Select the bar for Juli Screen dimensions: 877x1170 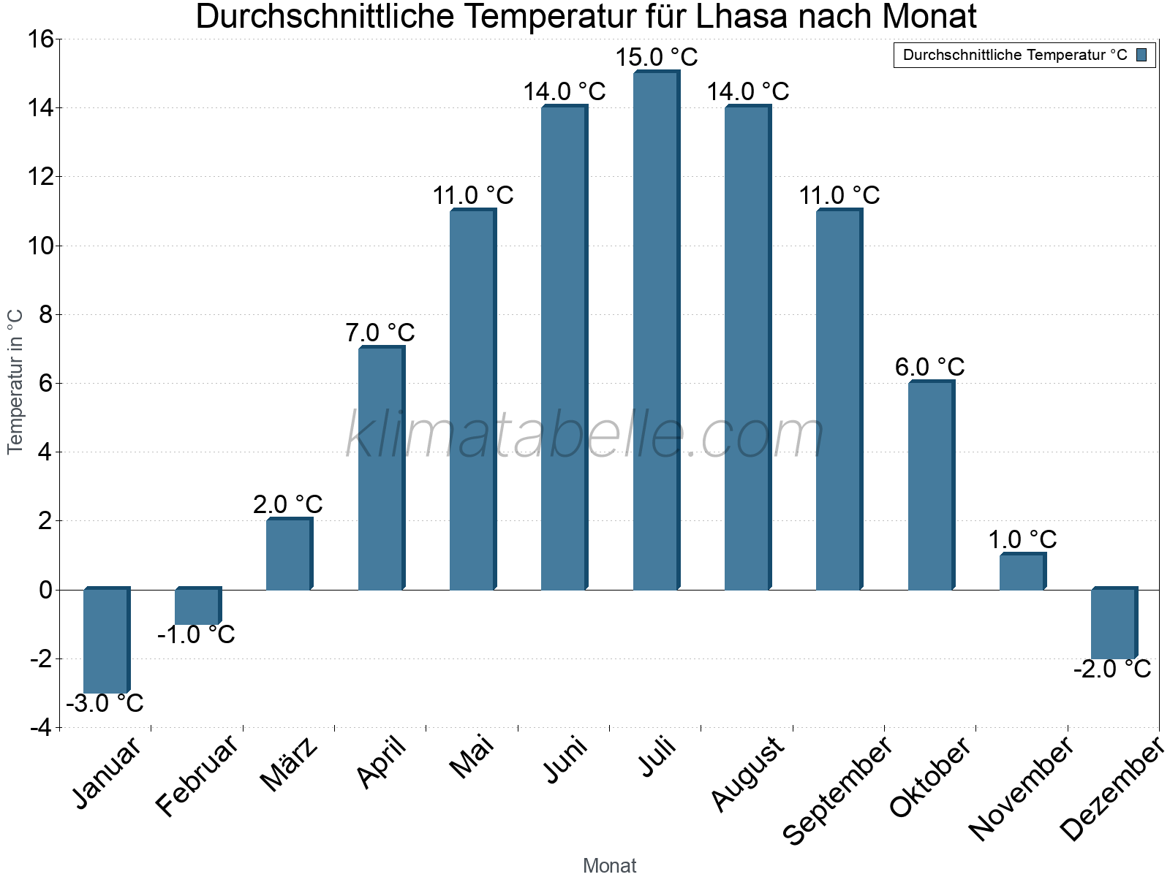tap(656, 330)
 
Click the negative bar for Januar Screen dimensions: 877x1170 tap(106, 640)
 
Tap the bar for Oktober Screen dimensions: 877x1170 tap(931, 485)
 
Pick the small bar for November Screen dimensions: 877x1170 tap(1022, 572)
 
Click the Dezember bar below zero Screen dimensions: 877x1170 tap(1114, 623)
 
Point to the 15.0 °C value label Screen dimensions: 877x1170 tap(657, 57)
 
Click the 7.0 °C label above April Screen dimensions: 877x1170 tap(380, 333)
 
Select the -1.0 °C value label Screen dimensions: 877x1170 tap(196, 634)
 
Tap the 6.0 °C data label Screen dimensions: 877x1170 tap(930, 367)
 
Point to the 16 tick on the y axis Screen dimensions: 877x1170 tap(41, 39)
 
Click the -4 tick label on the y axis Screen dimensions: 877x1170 tap(41, 728)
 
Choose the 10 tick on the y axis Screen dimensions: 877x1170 tap(41, 246)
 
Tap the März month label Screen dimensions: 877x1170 tap(290, 764)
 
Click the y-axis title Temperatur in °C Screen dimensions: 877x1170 tap(15, 381)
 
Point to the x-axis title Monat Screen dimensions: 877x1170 tap(609, 865)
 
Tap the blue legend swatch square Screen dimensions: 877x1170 tap(1141, 55)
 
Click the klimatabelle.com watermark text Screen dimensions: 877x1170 tap(585, 436)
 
